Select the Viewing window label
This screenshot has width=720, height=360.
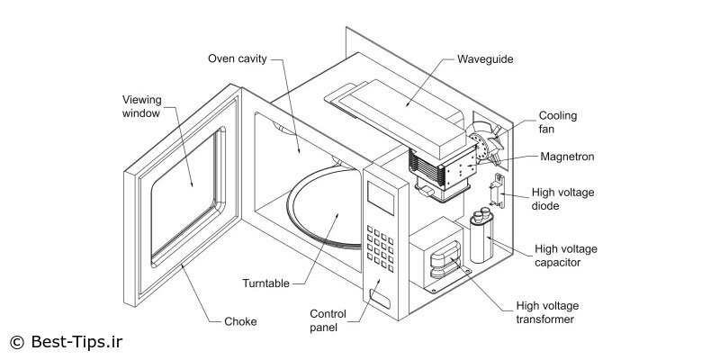(142, 107)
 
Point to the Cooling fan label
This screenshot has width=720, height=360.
(558, 122)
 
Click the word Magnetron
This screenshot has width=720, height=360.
(567, 157)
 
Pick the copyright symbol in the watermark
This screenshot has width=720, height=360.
(16, 342)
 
